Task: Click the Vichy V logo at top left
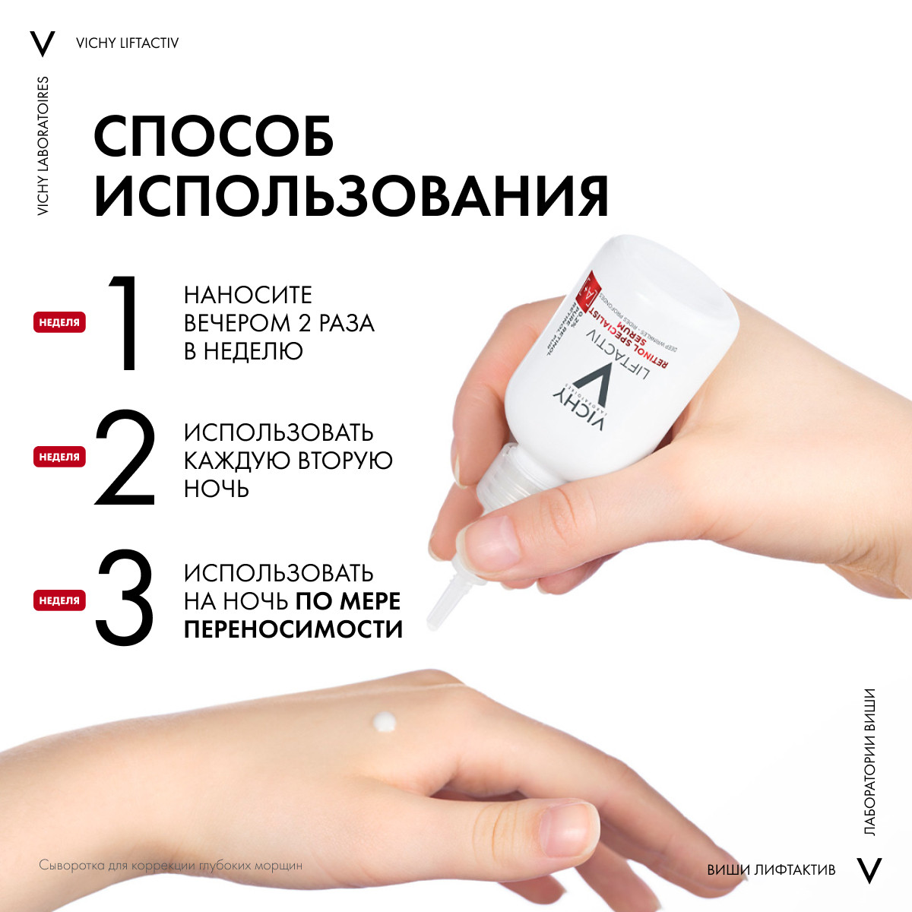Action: (43, 43)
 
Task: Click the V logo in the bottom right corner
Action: (869, 869)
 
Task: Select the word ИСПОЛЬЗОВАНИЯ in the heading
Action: (351, 197)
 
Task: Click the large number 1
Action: (124, 323)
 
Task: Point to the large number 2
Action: (125, 458)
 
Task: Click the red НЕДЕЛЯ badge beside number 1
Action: (59, 322)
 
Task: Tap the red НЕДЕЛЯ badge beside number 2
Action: (59, 458)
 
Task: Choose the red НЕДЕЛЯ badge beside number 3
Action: (59, 600)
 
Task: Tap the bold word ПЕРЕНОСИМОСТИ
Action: (293, 629)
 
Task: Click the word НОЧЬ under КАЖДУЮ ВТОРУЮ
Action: (217, 489)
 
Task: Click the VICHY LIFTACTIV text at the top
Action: (128, 43)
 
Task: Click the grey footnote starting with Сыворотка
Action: (170, 866)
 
